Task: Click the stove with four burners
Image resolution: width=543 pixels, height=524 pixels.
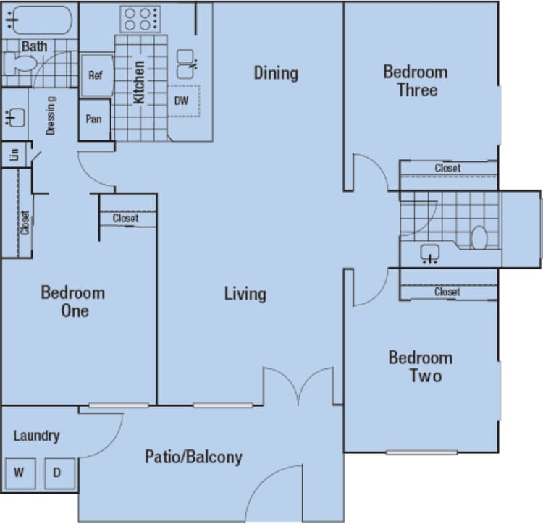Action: point(140,19)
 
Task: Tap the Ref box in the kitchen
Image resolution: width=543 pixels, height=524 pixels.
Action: point(96,75)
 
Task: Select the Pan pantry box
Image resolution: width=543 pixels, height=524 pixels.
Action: point(94,119)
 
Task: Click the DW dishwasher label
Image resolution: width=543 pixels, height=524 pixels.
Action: point(182,101)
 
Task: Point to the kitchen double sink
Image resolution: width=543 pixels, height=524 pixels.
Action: point(186,64)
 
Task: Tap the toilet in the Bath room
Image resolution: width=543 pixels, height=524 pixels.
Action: point(19,64)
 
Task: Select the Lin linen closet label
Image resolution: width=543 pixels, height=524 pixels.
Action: point(14,155)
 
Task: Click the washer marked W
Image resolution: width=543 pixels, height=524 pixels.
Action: point(20,474)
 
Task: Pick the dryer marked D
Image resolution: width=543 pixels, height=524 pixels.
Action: point(57,474)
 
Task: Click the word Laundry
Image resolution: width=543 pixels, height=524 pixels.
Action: point(36,436)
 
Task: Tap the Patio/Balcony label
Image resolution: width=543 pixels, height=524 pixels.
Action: point(193,457)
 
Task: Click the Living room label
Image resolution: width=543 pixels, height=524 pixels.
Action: point(245,294)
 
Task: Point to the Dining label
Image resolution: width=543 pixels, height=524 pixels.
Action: point(276,73)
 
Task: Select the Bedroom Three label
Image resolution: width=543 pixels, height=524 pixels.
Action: point(415,81)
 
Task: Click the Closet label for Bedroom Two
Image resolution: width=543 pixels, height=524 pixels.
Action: point(447,292)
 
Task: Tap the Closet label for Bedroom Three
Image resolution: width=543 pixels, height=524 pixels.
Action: point(447,168)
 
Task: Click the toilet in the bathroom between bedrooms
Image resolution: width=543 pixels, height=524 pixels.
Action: point(479,236)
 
